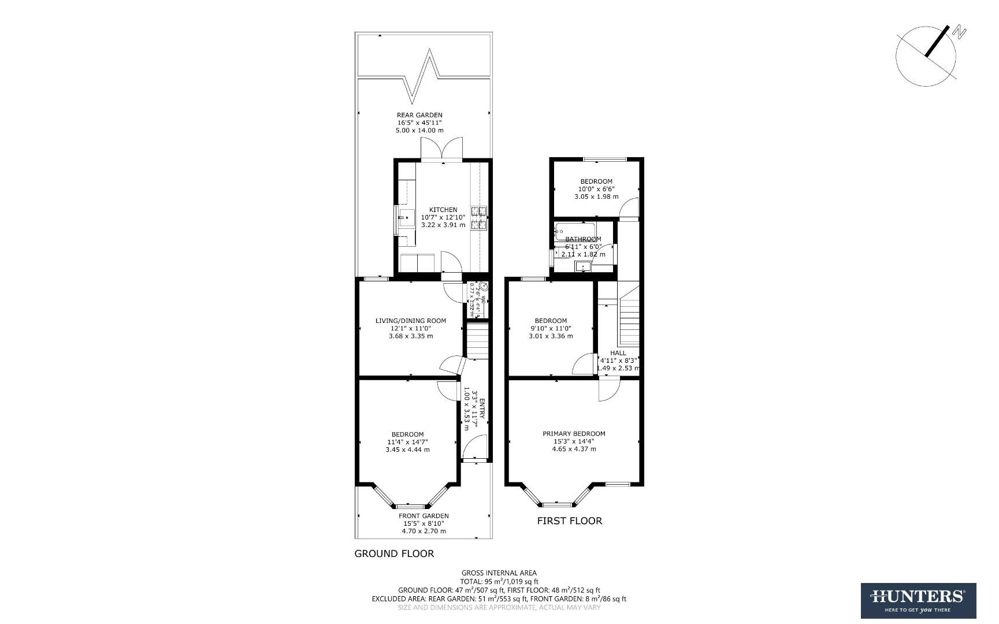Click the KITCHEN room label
click(443, 210)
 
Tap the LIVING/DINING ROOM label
click(410, 321)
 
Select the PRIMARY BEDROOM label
click(573, 433)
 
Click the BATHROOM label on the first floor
click(583, 239)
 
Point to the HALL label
click(618, 352)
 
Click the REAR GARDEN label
click(419, 115)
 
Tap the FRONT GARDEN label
click(423, 516)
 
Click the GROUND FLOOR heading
click(393, 554)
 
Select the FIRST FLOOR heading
click(569, 521)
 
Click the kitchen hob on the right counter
click(480, 218)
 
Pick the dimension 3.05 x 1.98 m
click(596, 196)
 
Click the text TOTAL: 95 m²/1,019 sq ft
click(499, 581)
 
